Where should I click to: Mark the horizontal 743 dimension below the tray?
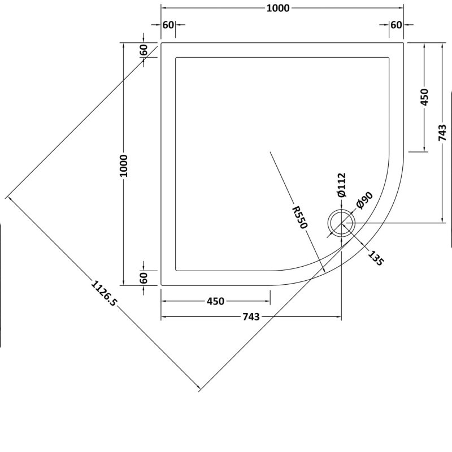250,317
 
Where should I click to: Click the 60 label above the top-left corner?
168,25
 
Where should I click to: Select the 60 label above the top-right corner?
396,25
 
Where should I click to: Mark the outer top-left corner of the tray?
162,42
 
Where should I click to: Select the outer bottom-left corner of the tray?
162,285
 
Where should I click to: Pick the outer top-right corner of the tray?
403,42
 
